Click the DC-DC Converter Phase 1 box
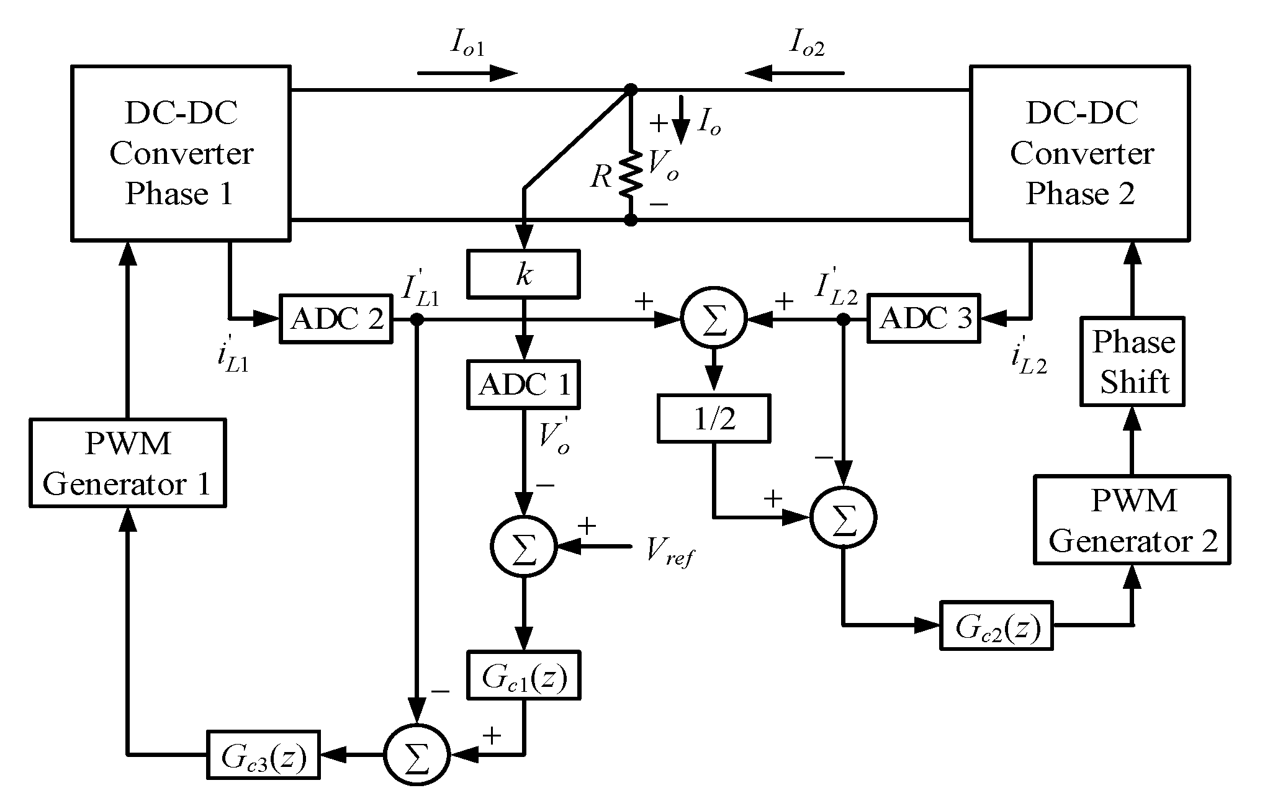click(x=181, y=153)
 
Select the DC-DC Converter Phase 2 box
click(x=1079, y=153)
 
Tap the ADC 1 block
click(x=524, y=385)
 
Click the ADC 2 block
click(x=336, y=320)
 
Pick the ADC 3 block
click(x=924, y=320)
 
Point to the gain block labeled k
click(x=523, y=274)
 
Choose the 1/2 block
click(x=713, y=419)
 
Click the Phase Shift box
click(x=1133, y=362)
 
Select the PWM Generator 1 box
click(x=127, y=463)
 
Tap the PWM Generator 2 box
click(x=1132, y=520)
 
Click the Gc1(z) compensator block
click(x=524, y=676)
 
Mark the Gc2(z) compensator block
click(x=996, y=626)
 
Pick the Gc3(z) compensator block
click(x=263, y=755)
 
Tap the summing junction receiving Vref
click(x=523, y=547)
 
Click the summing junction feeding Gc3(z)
click(x=417, y=755)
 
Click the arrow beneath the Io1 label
click(x=467, y=74)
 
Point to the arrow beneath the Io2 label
click(x=795, y=74)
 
